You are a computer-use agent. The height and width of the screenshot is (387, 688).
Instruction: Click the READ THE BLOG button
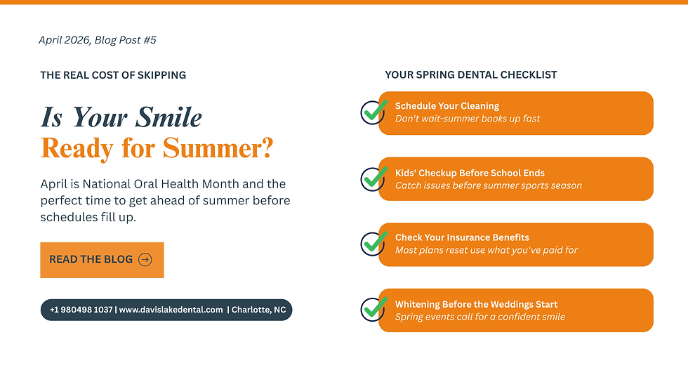102,260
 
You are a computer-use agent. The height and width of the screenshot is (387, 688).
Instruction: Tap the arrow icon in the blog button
145,260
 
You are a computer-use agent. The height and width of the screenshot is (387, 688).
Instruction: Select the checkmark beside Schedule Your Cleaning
373,112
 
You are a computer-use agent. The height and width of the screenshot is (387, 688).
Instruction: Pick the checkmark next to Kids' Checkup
373,178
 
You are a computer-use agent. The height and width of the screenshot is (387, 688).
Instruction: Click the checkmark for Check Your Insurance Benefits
373,244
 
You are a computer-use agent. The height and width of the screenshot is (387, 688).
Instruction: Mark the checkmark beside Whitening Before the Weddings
373,309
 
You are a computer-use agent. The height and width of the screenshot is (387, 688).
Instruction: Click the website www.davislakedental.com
171,310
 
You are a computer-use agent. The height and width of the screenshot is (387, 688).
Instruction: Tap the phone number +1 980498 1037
81,310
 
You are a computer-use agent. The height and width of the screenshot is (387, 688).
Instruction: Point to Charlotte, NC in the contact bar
258,310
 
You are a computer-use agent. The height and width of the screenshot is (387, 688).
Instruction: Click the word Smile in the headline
168,117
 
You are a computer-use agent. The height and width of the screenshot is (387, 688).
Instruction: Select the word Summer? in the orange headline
218,148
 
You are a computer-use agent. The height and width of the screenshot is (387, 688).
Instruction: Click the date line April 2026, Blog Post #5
98,40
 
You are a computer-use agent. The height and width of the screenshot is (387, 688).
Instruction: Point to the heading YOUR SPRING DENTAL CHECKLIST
471,75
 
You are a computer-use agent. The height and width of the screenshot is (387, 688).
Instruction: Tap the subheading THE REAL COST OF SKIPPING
113,75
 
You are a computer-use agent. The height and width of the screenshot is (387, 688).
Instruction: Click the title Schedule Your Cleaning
447,106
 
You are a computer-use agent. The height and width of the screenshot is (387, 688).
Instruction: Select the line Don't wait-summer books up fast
468,119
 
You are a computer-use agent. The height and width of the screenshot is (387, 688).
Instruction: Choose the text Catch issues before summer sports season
489,185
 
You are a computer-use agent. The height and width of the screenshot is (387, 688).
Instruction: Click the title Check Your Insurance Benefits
462,237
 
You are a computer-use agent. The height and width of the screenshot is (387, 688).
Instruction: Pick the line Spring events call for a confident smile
480,317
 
